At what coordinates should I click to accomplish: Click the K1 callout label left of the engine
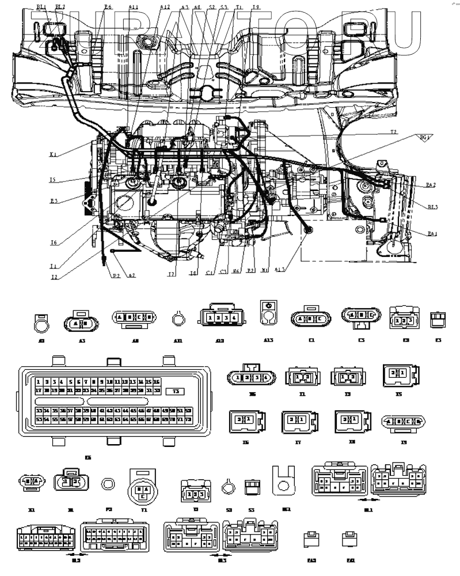(52, 154)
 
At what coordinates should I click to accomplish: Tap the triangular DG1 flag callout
(424, 138)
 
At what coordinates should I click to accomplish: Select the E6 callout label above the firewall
(108, 7)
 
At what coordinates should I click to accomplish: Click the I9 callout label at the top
(256, 7)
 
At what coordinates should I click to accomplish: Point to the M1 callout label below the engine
(265, 268)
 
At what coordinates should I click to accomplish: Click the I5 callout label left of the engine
(52, 180)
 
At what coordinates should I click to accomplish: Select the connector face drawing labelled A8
(134, 317)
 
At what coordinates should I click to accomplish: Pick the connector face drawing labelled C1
(311, 317)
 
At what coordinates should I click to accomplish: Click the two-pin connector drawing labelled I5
(399, 374)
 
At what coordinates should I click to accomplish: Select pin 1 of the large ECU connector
(38, 382)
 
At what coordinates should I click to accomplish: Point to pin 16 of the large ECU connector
(156, 382)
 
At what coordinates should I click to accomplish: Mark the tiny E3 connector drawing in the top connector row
(438, 317)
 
